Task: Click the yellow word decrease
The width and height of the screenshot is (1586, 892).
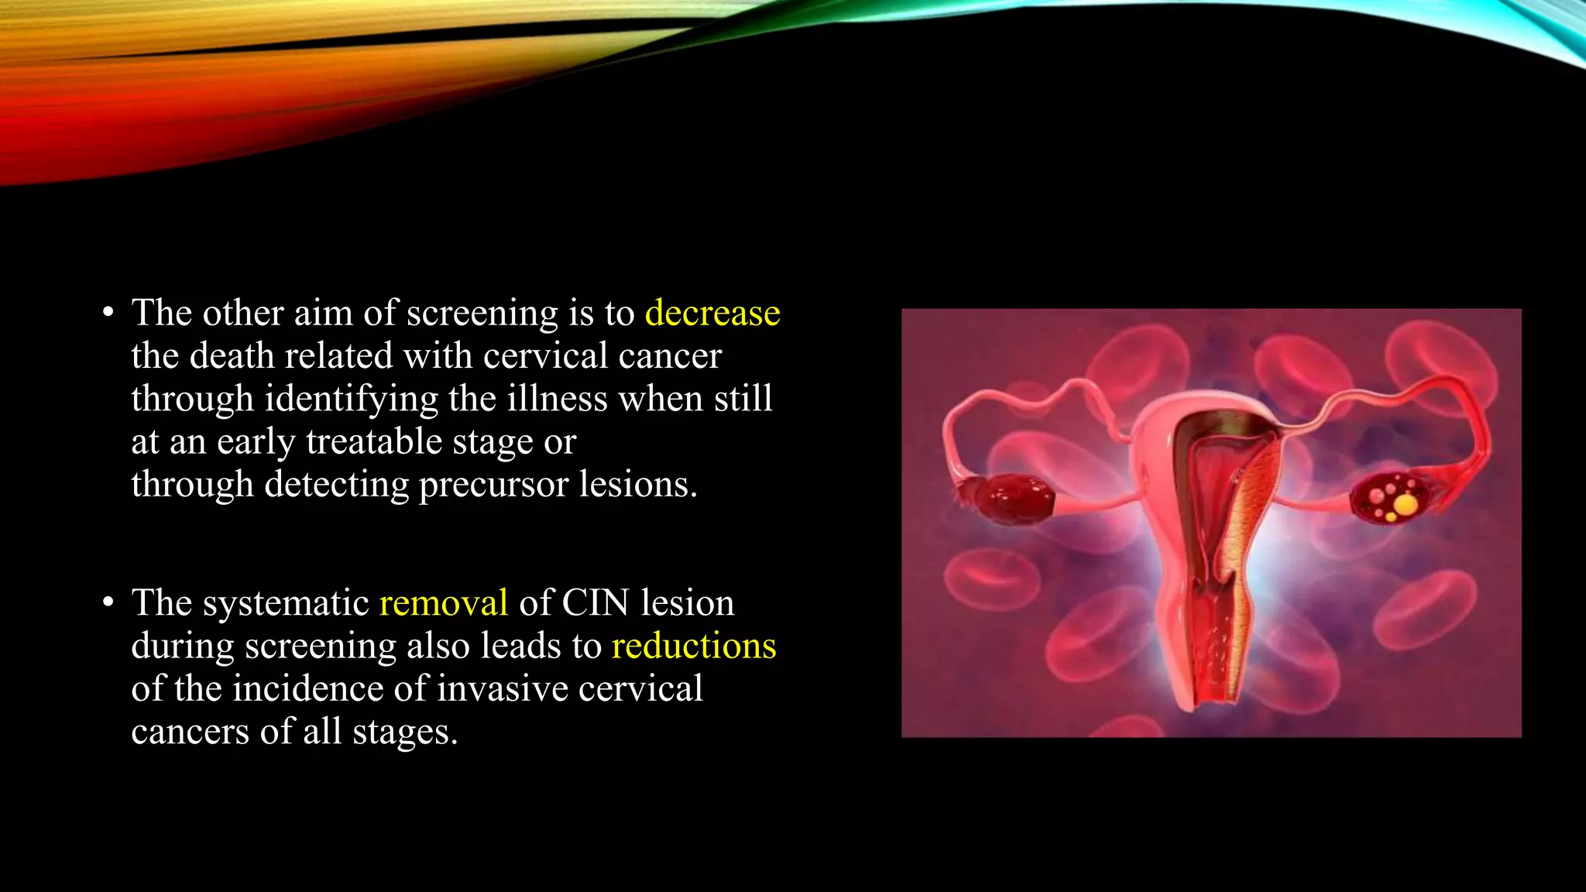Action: point(712,314)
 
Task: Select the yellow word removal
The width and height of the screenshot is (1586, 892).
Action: point(443,603)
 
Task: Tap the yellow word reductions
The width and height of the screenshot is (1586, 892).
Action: point(693,647)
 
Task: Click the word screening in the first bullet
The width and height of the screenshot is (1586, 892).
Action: point(482,314)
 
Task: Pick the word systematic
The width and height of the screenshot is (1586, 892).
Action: point(286,603)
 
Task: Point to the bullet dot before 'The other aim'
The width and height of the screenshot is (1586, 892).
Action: point(108,314)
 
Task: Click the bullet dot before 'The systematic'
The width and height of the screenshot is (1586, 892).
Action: point(108,603)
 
